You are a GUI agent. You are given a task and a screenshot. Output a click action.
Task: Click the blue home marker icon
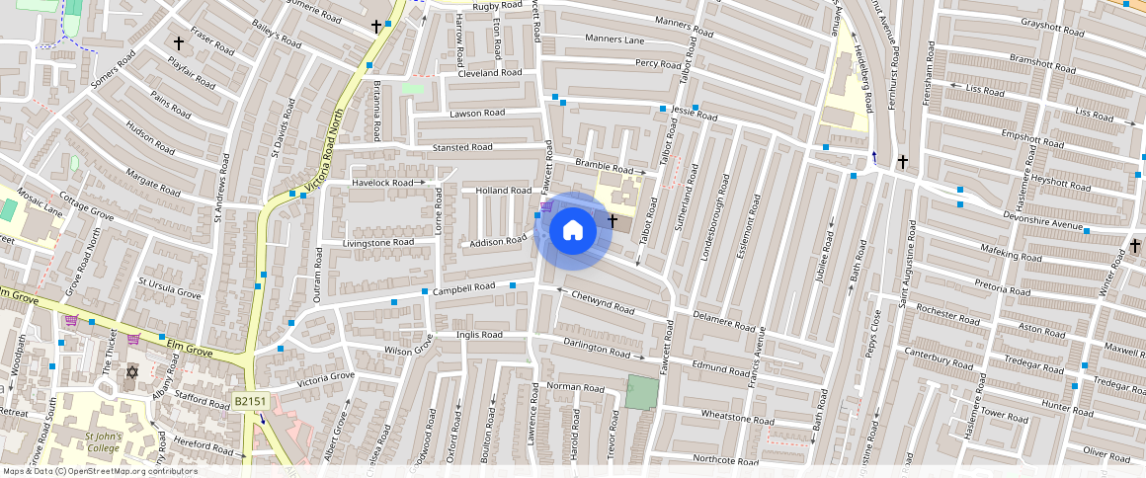(572, 231)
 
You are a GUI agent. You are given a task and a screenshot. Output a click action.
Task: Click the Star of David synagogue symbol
(131, 371)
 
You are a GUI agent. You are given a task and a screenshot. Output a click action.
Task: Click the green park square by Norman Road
(640, 392)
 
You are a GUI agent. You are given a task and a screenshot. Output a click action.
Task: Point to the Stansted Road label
(461, 147)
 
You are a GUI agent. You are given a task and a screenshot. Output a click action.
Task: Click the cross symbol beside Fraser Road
(179, 43)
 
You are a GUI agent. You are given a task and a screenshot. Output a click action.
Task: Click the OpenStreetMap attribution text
(100, 471)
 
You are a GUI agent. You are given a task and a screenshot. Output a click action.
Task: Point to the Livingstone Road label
(377, 242)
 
